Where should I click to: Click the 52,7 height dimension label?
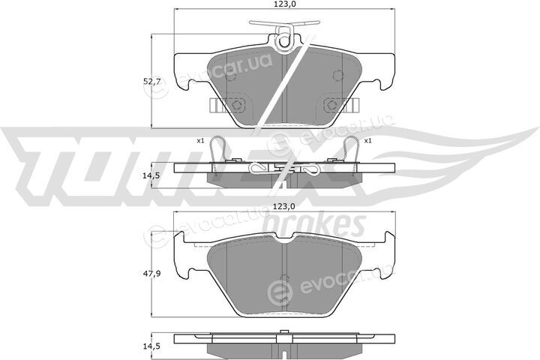[151, 82]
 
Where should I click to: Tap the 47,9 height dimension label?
[151, 274]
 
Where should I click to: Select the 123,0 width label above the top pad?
[284, 4]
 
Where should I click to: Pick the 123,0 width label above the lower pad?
[284, 206]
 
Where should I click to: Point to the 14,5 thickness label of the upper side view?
[151, 175]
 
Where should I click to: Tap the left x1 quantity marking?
[200, 140]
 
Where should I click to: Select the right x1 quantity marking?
[367, 140]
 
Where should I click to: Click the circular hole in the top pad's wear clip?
[284, 42]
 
